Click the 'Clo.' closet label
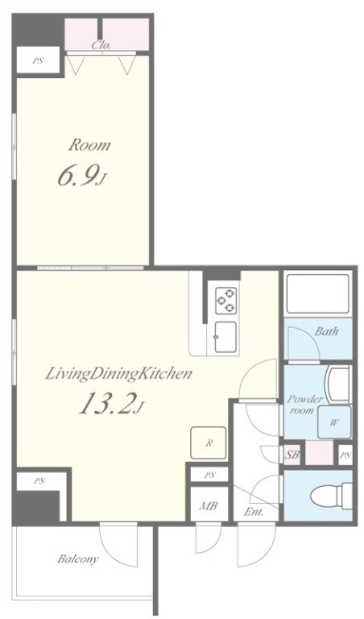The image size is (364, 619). point(101,45)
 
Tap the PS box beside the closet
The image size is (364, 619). point(38,60)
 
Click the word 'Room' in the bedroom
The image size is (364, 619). point(89,146)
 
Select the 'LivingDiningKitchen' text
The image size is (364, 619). point(118,373)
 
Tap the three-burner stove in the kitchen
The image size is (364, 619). point(225,300)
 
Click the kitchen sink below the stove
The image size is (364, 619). point(225,334)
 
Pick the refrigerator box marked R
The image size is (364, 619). point(208,443)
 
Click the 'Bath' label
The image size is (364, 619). point(327,331)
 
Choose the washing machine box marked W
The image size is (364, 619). point(333,421)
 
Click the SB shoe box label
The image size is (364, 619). point(292,455)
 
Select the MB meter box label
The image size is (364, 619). point(207,507)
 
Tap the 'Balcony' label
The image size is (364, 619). point(77,559)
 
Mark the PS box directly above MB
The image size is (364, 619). point(208,475)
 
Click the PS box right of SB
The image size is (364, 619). point(345,455)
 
